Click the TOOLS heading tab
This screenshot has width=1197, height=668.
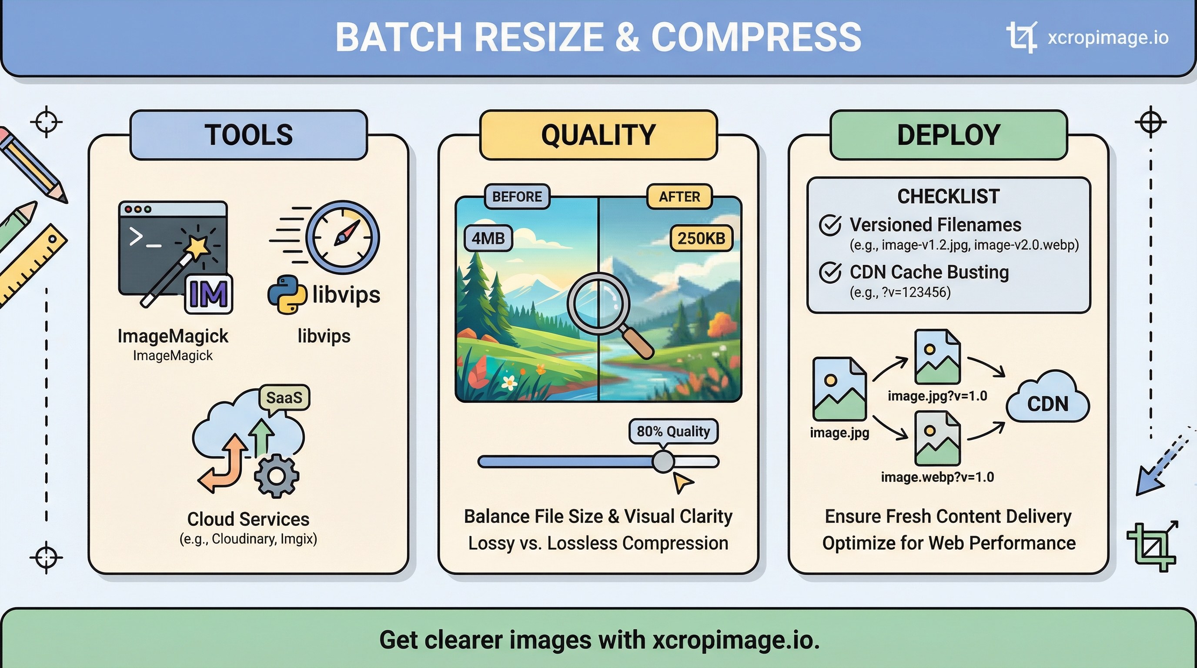pos(249,135)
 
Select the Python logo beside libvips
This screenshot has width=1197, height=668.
pos(287,294)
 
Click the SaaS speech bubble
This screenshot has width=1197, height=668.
pos(284,397)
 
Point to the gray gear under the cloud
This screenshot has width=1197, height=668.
pos(277,476)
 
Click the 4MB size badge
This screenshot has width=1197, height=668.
pos(488,238)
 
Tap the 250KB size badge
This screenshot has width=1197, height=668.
pos(701,238)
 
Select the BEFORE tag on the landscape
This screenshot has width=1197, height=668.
pos(517,197)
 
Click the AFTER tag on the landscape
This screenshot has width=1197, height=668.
pos(679,197)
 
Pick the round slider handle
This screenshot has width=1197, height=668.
pos(663,461)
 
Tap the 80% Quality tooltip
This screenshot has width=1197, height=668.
pos(673,431)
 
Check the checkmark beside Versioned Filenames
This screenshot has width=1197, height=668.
pos(830,225)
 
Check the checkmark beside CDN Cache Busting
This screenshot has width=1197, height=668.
pos(830,272)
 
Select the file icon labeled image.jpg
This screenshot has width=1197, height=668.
pos(839,389)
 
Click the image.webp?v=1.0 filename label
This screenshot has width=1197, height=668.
pos(937,477)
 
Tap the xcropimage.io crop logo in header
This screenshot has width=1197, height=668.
pos(1022,37)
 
